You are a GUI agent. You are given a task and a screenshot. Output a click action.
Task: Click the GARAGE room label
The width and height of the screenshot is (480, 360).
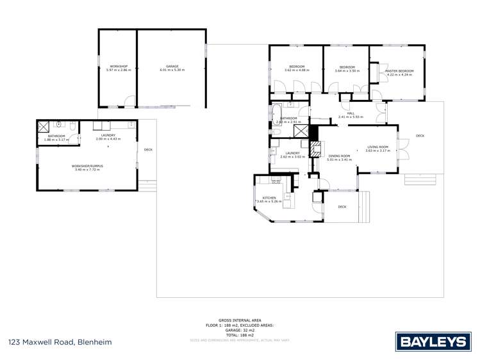pyautogui.click(x=172, y=66)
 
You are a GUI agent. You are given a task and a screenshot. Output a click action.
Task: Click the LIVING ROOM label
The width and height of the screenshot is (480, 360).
pyautogui.click(x=377, y=147)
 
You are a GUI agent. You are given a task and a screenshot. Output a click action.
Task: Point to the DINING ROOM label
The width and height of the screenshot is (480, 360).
pyautogui.click(x=339, y=156)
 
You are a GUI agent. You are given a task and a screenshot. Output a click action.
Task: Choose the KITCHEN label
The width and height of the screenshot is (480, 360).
pyautogui.click(x=268, y=198)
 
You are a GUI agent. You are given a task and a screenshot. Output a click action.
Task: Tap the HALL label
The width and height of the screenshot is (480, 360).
pyautogui.click(x=351, y=113)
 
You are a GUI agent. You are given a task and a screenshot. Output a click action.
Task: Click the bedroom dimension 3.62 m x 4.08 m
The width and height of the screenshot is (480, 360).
pyautogui.click(x=295, y=70)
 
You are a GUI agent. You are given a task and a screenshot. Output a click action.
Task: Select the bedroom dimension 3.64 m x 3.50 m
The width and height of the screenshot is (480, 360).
pyautogui.click(x=347, y=70)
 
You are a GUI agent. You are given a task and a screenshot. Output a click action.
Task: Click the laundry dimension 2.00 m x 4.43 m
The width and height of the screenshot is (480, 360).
pyautogui.click(x=107, y=139)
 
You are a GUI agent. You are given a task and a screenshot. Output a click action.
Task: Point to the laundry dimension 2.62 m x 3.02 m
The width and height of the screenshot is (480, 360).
pyautogui.click(x=292, y=156)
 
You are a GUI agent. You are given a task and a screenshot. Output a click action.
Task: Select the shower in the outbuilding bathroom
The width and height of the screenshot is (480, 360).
pyautogui.click(x=44, y=126)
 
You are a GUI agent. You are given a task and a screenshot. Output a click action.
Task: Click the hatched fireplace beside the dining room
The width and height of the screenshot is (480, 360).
pyautogui.click(x=315, y=149)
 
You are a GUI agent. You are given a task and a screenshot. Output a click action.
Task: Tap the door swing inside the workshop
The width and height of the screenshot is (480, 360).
pyautogui.click(x=129, y=101)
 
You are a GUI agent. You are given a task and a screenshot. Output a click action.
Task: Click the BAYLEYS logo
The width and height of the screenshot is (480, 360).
pyautogui.click(x=433, y=341)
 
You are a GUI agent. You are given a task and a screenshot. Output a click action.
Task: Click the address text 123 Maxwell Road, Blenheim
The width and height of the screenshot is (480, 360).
pyautogui.click(x=60, y=342)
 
